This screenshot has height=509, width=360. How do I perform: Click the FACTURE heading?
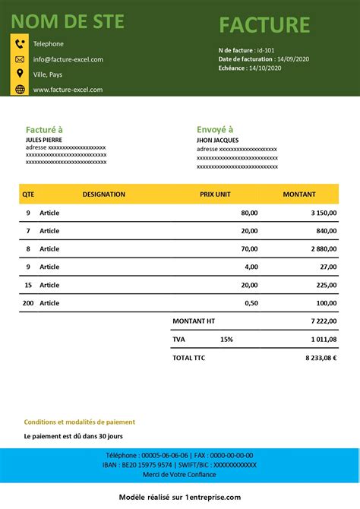click(x=264, y=25)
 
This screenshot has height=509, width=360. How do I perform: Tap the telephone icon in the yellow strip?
click(x=20, y=44)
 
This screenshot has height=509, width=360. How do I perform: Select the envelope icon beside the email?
click(x=20, y=59)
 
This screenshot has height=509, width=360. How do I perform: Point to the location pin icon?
click(x=20, y=74)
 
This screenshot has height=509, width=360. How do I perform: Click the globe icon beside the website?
click(x=20, y=89)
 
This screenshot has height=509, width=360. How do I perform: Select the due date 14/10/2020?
click(x=264, y=68)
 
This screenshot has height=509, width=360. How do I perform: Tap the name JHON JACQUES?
click(x=217, y=140)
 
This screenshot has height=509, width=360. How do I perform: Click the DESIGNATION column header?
click(x=104, y=194)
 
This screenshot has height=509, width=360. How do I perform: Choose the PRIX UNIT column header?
click(x=215, y=194)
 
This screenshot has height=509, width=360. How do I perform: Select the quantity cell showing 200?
click(x=29, y=303)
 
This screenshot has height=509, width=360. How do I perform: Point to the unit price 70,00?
click(x=249, y=248)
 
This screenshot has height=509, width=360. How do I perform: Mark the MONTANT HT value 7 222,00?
click(x=324, y=321)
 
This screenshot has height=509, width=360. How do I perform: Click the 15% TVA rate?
click(x=227, y=340)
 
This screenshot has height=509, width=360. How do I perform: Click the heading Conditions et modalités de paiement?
click(x=80, y=422)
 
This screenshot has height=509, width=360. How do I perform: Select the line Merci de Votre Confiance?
click(x=179, y=475)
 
